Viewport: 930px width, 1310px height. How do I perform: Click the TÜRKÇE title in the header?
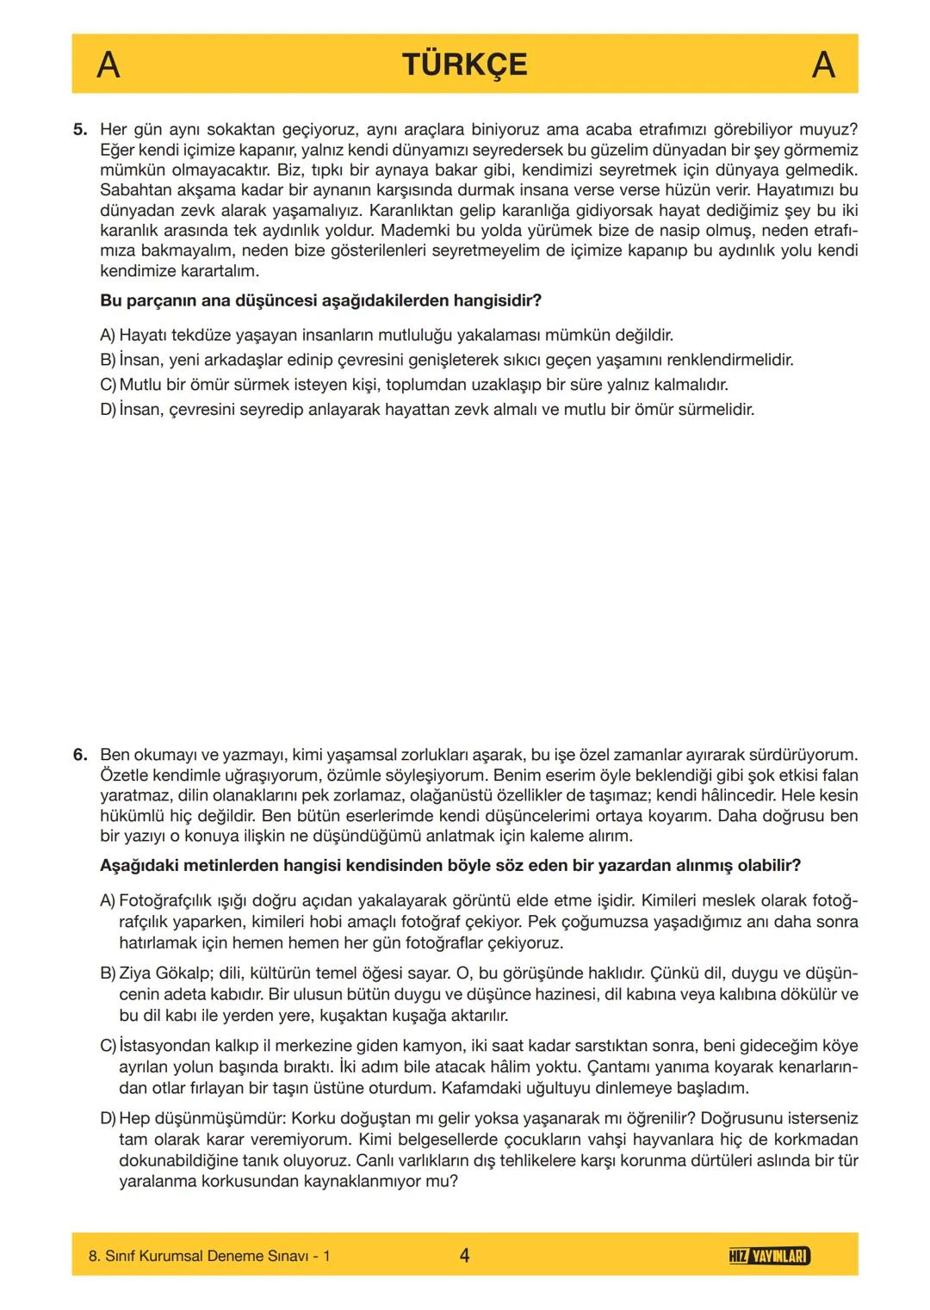464,65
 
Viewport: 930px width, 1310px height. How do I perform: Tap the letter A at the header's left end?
108,65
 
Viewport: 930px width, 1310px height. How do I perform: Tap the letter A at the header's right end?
823,65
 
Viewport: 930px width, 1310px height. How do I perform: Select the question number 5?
80,130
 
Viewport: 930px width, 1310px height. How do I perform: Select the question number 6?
80,755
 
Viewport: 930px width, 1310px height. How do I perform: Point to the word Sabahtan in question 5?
132,190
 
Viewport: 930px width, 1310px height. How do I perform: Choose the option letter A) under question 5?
108,335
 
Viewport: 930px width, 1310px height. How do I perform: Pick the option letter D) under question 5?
108,410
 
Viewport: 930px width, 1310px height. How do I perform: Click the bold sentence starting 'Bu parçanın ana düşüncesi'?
320,301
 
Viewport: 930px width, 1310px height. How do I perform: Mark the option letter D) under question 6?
108,1119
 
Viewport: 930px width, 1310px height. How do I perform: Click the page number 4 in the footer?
465,1256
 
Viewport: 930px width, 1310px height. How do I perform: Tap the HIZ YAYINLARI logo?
768,1257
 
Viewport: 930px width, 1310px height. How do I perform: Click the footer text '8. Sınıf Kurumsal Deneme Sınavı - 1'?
209,1257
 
